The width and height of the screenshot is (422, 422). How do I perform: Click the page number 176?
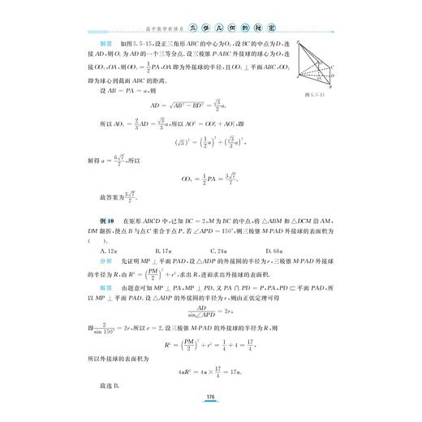pyautogui.click(x=210, y=395)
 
